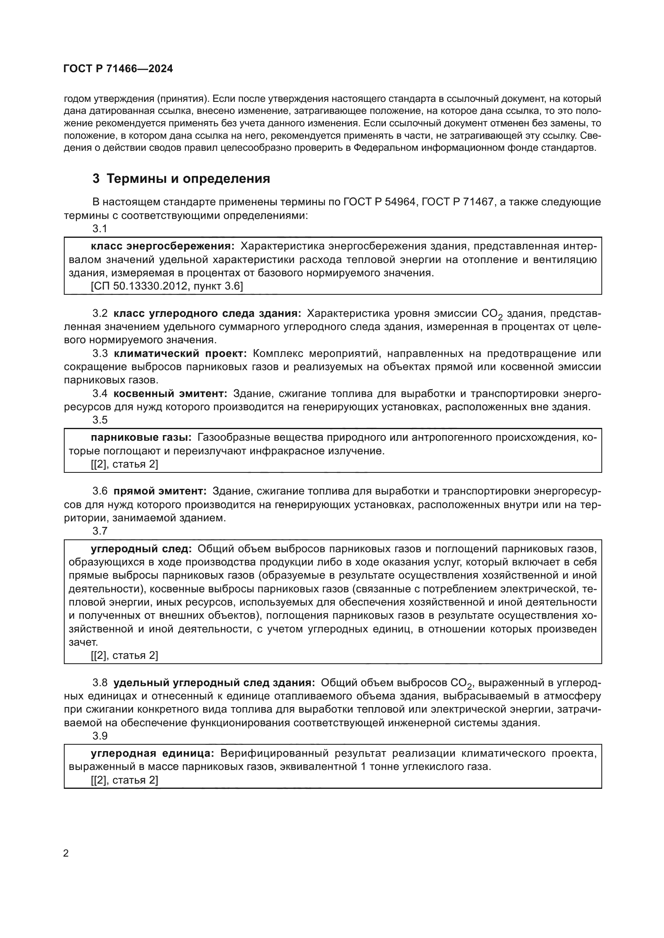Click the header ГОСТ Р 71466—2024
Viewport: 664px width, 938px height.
pos(118,69)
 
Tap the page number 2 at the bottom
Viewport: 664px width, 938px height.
pos(66,853)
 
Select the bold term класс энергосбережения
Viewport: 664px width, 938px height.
pos(162,246)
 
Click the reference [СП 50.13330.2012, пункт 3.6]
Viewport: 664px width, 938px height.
pos(167,286)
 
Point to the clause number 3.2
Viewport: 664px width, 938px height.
pos(100,313)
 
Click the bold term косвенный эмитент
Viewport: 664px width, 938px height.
pos(170,394)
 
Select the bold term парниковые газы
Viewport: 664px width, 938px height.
pos(141,438)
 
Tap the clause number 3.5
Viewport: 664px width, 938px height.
pos(100,420)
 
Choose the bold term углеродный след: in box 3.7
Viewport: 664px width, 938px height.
pos(141,549)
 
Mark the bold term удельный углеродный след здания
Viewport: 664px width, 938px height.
pos(214,683)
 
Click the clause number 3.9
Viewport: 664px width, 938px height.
pos(100,736)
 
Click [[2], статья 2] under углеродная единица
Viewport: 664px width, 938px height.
pos(124,780)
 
